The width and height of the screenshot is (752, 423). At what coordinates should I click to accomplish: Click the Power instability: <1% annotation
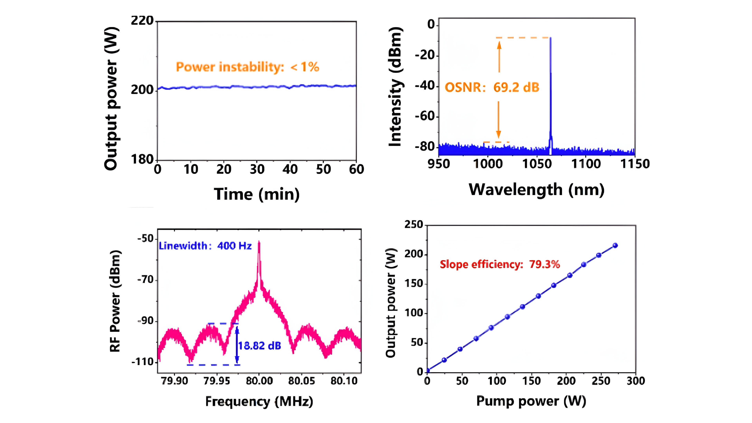coord(248,67)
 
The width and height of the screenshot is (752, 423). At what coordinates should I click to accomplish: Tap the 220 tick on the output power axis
coord(142,21)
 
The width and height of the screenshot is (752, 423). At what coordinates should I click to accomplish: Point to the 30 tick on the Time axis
coord(257,169)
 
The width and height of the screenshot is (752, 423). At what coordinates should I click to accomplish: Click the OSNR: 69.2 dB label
coord(492,87)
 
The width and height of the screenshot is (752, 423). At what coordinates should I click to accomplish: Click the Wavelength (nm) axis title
coord(537,190)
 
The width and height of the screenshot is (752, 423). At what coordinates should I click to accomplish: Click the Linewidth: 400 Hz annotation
coord(205,246)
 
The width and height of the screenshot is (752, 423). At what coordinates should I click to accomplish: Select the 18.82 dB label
coord(259,346)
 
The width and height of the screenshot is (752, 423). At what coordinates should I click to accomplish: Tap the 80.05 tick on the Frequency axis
coord(302,381)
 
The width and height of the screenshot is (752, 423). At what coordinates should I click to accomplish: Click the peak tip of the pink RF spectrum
coord(259,242)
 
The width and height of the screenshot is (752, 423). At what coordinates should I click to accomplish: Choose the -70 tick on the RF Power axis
coord(145,280)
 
